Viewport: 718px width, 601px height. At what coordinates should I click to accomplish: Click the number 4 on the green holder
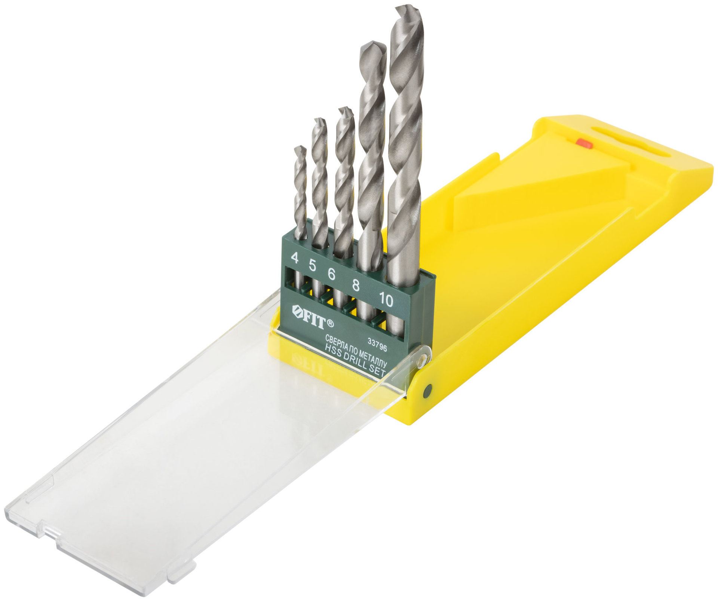(295, 258)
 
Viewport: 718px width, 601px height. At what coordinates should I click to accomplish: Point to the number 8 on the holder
(356, 285)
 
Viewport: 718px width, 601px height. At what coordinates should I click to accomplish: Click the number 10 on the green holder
(386, 299)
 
